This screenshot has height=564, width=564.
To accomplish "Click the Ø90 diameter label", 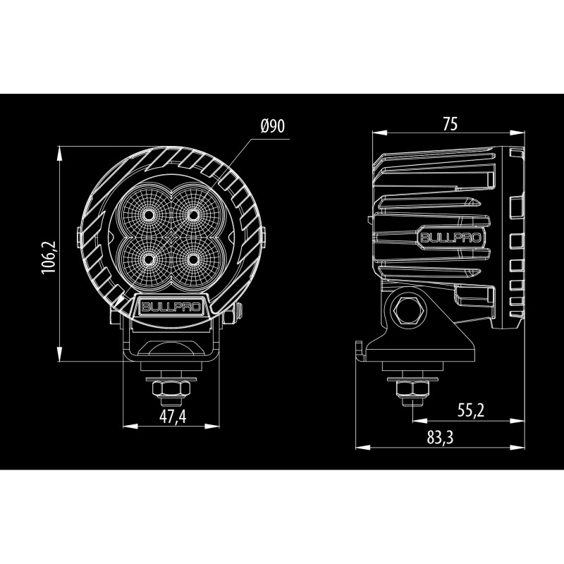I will coord(271,127).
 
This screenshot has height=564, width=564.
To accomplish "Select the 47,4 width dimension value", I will coord(172,417).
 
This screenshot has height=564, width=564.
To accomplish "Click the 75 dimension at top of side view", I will coord(450,123).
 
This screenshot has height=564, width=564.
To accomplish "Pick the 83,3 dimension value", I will coord(439,438).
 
